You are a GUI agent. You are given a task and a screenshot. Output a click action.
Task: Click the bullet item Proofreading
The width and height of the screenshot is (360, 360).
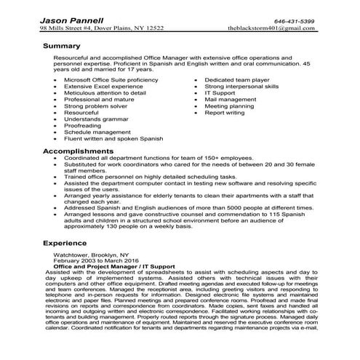click(84, 127)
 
